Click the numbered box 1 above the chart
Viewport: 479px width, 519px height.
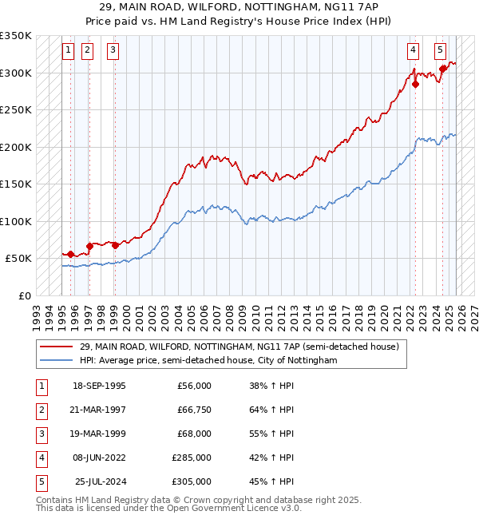tap(68, 50)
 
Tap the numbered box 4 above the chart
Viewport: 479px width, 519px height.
tap(413, 50)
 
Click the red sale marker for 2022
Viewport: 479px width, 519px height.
tap(415, 84)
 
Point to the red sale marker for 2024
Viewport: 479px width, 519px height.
tap(443, 69)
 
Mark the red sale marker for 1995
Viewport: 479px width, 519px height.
tap(71, 254)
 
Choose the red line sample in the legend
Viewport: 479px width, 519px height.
tap(57, 347)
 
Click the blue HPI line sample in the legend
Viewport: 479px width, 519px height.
tap(57, 360)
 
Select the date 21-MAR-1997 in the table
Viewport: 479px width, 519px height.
tap(99, 410)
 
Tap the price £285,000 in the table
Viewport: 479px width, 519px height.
tap(192, 458)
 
